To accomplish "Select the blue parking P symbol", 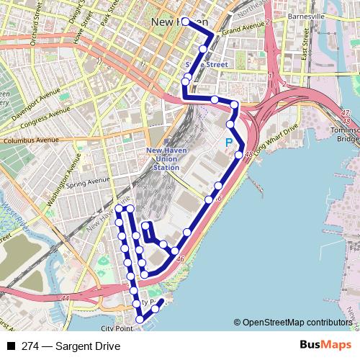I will (229, 143).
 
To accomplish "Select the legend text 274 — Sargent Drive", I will (71, 347).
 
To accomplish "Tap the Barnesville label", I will (307, 17).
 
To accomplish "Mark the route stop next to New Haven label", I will (186, 22).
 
